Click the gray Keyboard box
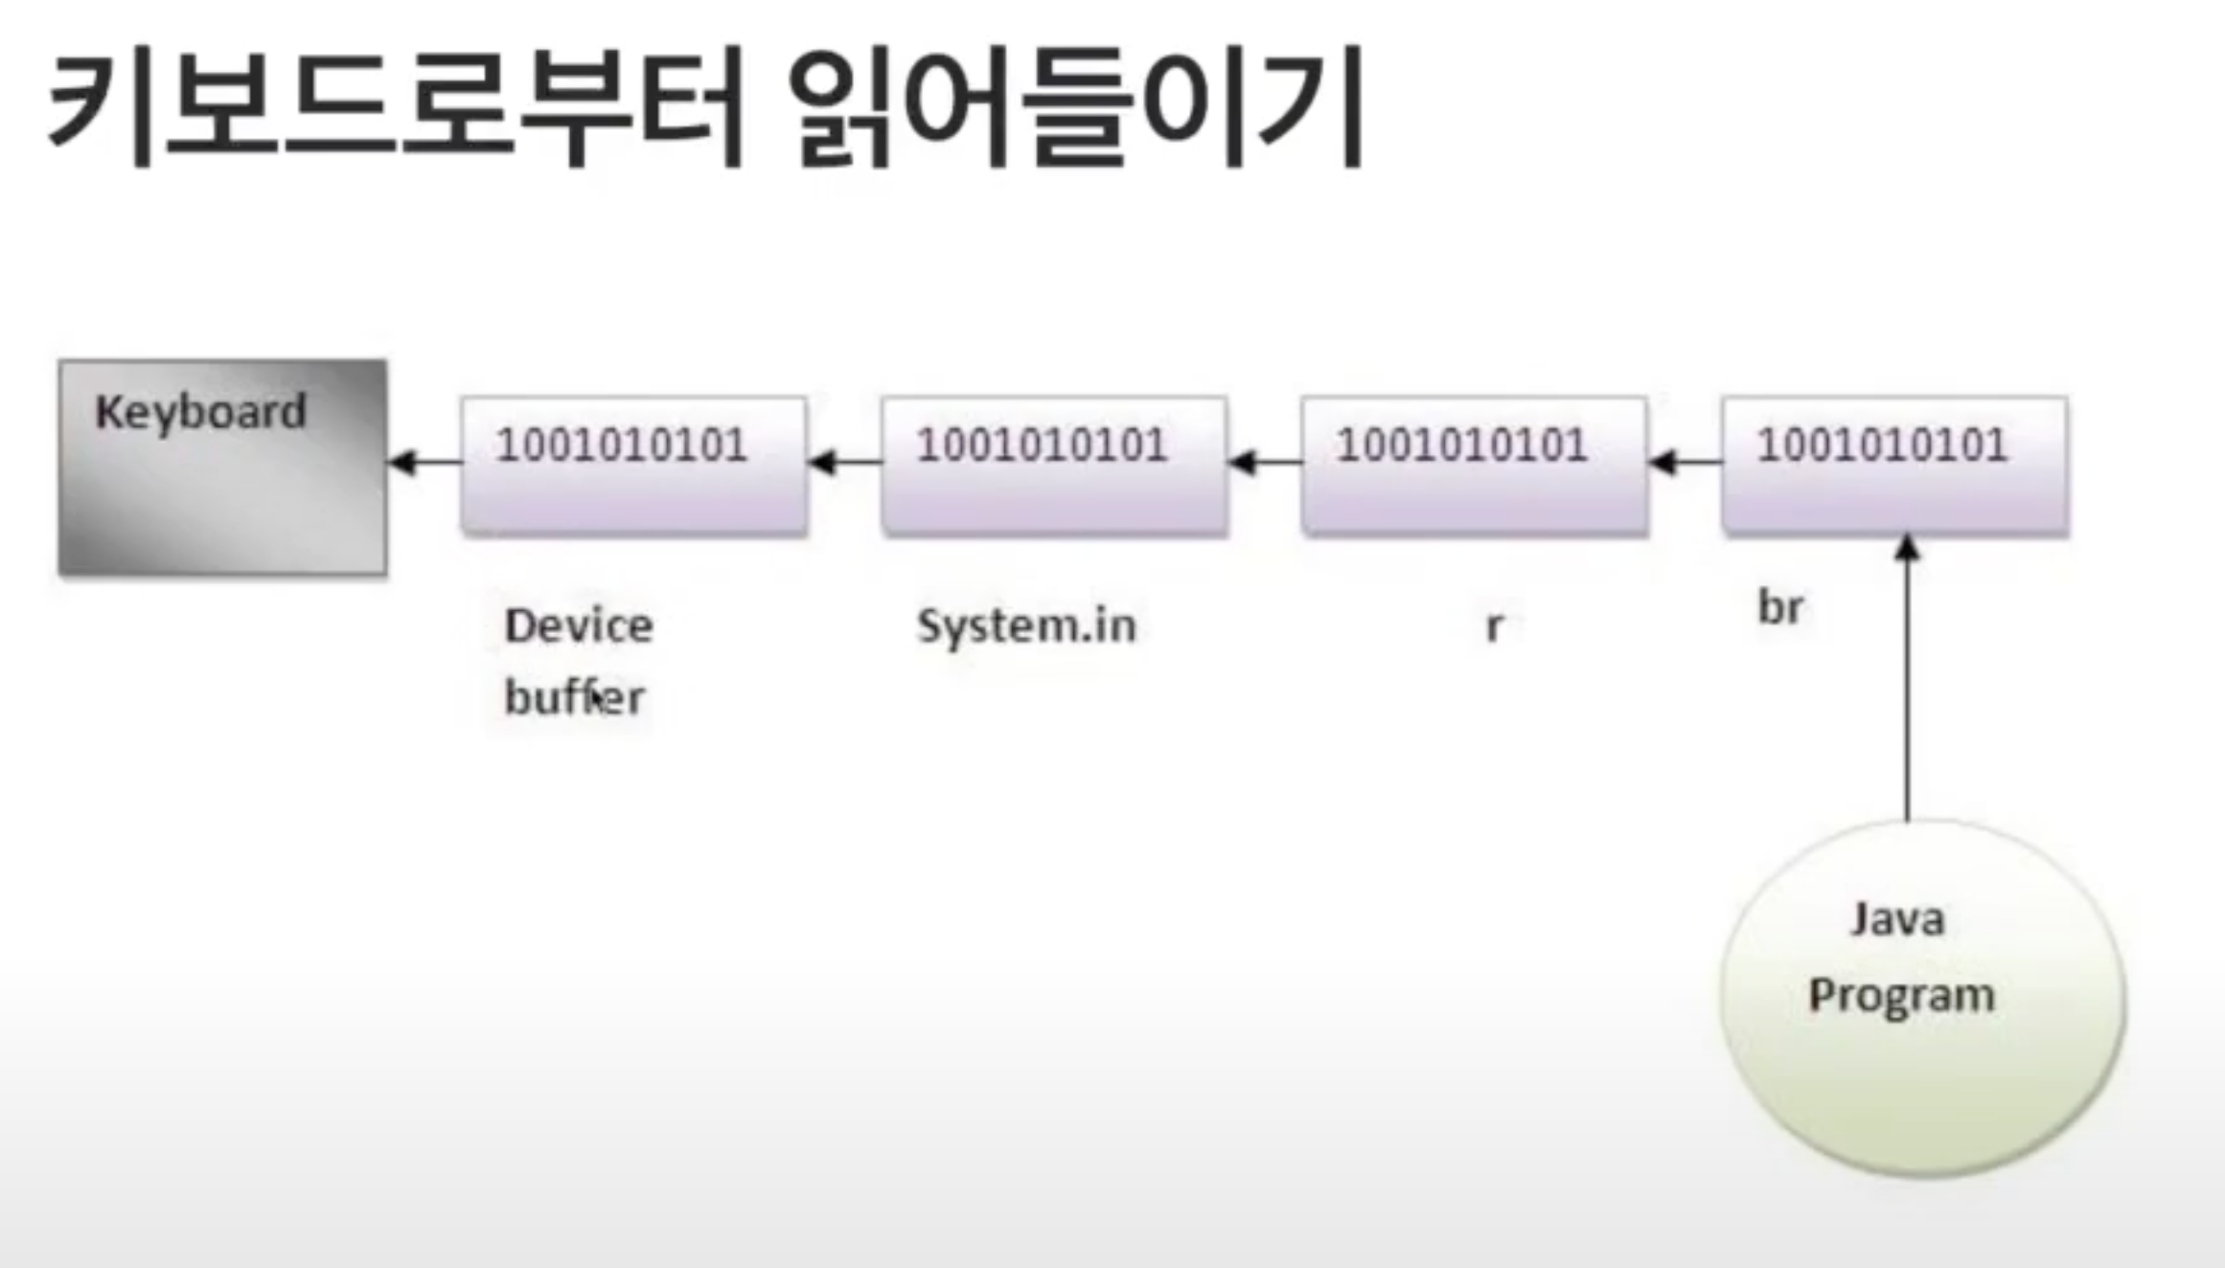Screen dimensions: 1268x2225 point(222,498)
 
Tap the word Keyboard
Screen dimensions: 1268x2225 point(200,413)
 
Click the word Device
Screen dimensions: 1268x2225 point(579,626)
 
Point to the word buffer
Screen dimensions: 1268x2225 point(574,697)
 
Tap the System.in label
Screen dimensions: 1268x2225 point(1026,626)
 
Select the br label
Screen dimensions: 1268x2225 point(1780,607)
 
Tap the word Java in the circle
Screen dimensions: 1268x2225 point(1897,919)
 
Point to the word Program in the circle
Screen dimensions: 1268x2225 point(1901,996)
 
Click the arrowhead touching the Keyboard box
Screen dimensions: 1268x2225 point(402,463)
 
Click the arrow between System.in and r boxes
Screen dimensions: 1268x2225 point(1265,463)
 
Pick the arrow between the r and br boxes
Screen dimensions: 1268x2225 point(1685,463)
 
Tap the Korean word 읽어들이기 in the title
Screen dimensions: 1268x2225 point(1075,107)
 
